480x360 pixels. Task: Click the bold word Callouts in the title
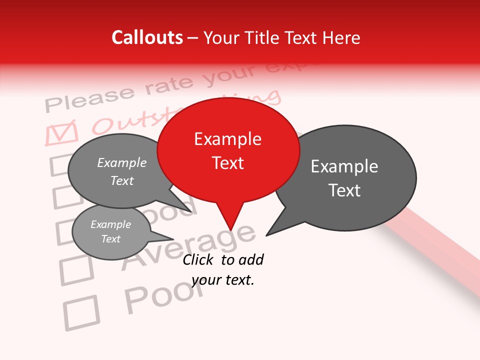147,37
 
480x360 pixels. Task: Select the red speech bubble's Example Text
228,151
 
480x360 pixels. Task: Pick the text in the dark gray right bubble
344,178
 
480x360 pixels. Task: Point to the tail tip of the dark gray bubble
267,234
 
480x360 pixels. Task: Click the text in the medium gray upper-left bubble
122,171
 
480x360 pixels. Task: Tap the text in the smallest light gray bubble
111,231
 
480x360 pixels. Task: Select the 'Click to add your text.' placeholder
223,269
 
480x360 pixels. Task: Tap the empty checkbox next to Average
76,270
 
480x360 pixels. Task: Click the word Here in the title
339,37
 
